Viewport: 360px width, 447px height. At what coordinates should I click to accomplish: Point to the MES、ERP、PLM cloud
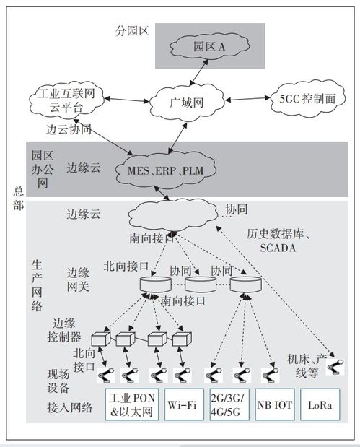(x=165, y=170)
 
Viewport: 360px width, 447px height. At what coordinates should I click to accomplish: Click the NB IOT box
(x=274, y=405)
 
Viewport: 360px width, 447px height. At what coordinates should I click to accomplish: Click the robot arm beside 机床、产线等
(x=334, y=368)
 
